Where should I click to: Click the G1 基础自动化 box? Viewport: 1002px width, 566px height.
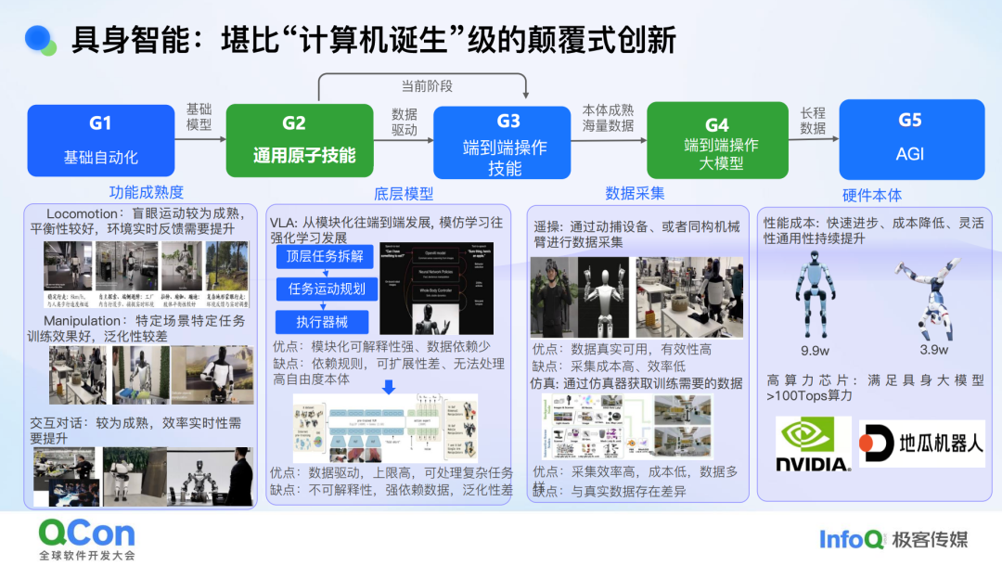pos(100,139)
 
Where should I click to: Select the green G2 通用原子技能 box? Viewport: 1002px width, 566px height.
pos(304,139)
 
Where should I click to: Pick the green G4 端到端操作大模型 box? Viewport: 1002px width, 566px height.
pos(717,140)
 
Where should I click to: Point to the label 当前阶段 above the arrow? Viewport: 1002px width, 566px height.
pos(427,86)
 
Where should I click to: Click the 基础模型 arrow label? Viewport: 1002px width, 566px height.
pos(199,116)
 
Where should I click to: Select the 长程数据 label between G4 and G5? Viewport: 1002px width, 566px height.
pos(813,121)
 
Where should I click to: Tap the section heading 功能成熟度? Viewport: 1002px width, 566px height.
pos(146,194)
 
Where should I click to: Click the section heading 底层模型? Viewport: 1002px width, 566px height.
pos(404,194)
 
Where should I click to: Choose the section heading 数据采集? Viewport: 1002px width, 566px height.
pos(635,194)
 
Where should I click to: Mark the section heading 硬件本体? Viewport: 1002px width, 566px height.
pos(871,195)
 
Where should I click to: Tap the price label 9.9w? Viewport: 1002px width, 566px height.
pos(815,350)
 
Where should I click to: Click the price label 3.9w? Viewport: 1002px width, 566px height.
pos(932,350)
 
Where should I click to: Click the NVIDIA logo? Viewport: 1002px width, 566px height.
pos(813,444)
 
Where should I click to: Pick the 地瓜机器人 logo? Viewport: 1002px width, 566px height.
pos(921,444)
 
